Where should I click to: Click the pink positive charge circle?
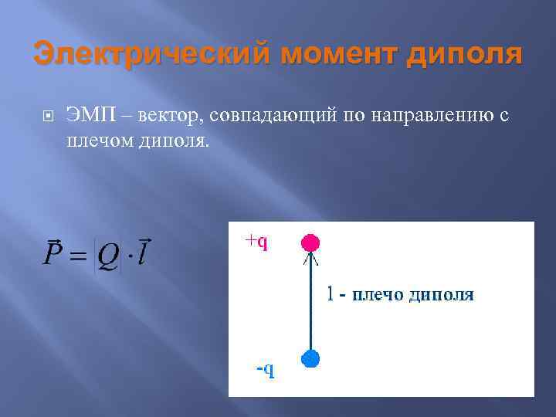(310, 242)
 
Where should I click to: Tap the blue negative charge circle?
(310, 358)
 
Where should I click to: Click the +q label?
(256, 242)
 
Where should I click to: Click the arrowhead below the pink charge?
(310, 259)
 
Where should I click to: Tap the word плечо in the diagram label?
(379, 294)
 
